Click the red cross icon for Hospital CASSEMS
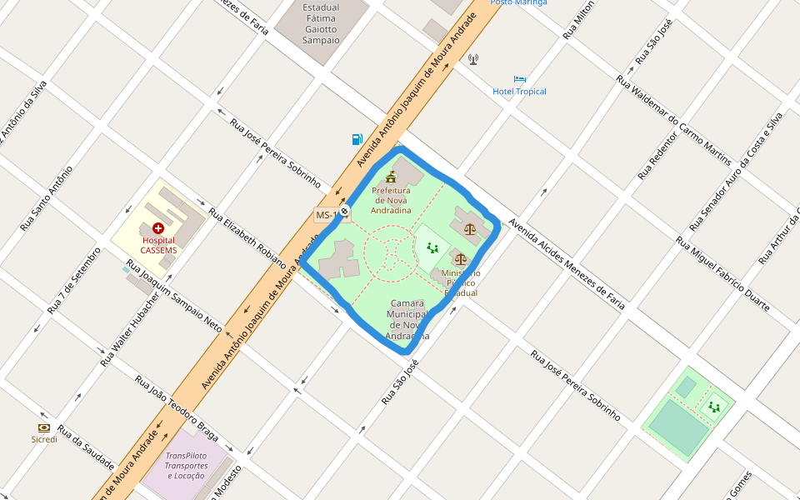[158, 227]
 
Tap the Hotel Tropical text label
[519, 92]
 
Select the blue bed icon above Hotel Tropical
[520, 79]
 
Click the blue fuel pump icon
[357, 139]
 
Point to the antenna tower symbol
[473, 59]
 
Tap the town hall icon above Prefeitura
[391, 177]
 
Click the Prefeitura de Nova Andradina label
[391, 200]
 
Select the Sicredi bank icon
[44, 427]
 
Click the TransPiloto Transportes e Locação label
[186, 465]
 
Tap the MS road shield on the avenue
[326, 215]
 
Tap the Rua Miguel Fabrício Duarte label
[722, 274]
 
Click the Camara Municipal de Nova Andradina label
[407, 319]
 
